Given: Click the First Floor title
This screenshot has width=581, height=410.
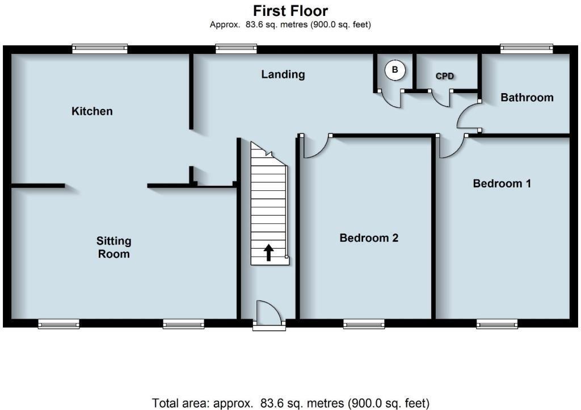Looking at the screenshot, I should click(x=290, y=11).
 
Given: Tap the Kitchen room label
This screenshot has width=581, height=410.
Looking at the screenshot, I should click(x=92, y=111).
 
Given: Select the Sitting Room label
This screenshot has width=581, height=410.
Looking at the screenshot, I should click(x=113, y=248).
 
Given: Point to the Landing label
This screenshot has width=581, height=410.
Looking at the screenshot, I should click(x=283, y=74).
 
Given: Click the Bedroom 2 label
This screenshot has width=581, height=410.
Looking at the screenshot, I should click(x=369, y=238).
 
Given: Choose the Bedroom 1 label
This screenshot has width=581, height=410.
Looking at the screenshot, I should click(x=502, y=183).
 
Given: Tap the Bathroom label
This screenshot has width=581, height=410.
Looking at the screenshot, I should click(x=527, y=98).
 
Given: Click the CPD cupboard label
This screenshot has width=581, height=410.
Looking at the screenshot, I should click(x=445, y=76).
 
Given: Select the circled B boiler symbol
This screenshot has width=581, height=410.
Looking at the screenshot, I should click(x=395, y=70).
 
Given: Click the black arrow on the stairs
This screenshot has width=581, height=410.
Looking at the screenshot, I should click(x=268, y=253).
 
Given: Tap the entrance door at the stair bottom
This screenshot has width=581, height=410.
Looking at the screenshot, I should click(x=268, y=313).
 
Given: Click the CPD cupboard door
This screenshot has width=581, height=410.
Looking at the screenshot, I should click(x=441, y=98).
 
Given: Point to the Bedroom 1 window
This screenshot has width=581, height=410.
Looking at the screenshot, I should click(x=497, y=324).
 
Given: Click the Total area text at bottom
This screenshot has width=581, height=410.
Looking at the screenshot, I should click(x=290, y=403).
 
